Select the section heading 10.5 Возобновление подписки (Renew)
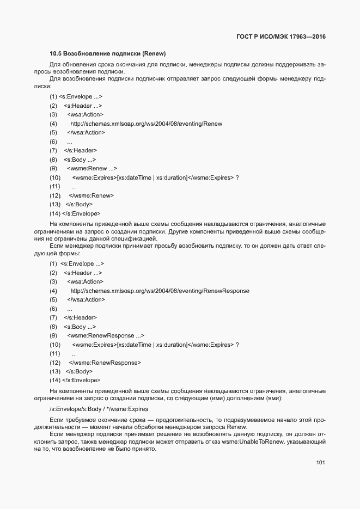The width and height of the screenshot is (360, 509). (x=107, y=54)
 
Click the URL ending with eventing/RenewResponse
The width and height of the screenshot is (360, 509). (x=160, y=291)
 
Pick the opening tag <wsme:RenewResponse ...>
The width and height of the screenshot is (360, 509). (x=106, y=336)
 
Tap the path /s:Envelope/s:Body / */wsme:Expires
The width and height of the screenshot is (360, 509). (x=98, y=408)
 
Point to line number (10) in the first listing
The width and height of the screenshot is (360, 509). (x=54, y=178)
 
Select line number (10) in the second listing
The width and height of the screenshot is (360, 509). (x=54, y=345)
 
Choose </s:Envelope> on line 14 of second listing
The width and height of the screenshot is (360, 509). (x=81, y=380)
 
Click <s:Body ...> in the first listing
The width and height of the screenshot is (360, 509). (x=80, y=160)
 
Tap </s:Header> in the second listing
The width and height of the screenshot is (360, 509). (x=81, y=317)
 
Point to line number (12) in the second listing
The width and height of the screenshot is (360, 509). (x=54, y=363)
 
